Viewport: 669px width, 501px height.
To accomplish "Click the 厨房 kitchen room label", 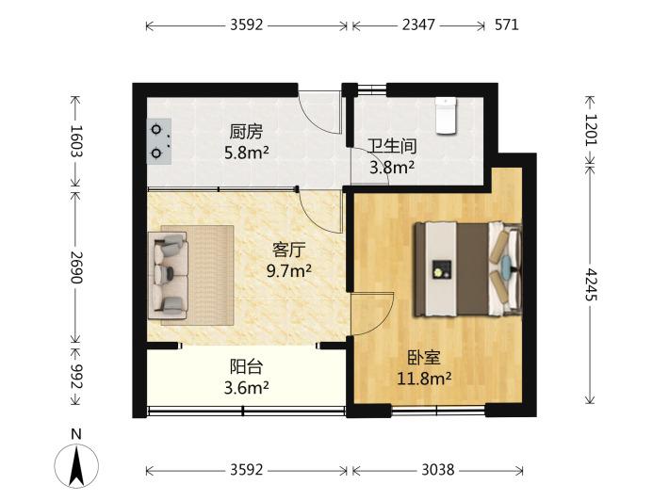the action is tap(246, 132).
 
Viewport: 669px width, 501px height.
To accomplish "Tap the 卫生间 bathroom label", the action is tap(392, 146).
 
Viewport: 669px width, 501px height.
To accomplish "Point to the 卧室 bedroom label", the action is tap(424, 358).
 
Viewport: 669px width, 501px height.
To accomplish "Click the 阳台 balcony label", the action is tap(247, 366).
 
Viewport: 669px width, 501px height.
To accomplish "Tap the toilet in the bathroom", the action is tap(446, 116).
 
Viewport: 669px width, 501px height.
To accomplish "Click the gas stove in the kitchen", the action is tap(159, 141).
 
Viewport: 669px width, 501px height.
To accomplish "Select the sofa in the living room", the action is tap(168, 275).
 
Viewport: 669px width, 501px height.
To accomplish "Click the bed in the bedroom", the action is tap(468, 269).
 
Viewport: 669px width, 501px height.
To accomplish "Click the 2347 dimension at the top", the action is tap(418, 25).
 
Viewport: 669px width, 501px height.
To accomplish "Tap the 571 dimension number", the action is tap(507, 25).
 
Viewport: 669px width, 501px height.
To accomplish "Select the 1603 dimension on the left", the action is tap(77, 141).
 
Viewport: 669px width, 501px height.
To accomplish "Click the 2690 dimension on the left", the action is tap(77, 267).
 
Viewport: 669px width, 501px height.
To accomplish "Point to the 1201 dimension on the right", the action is tap(591, 130).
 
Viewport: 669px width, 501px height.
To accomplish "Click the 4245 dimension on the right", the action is tap(591, 284).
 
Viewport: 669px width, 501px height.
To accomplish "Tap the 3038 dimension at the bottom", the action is tap(438, 470).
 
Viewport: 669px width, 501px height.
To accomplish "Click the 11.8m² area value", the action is tap(425, 379).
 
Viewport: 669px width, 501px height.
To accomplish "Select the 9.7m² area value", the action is tap(289, 270).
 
